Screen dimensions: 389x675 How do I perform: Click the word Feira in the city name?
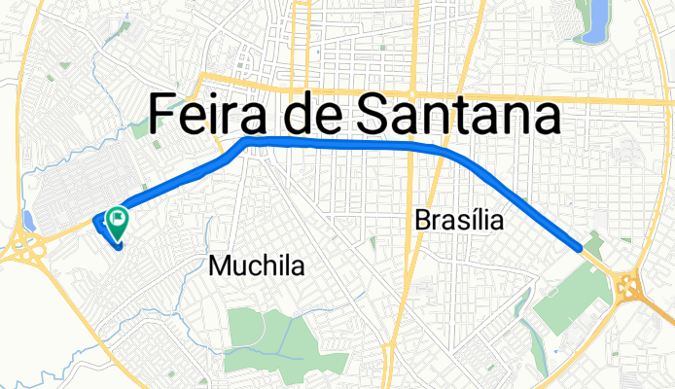[x=210, y=117]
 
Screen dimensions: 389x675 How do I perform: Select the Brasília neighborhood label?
[x=459, y=222]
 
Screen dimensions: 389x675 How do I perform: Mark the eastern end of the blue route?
[x=581, y=248]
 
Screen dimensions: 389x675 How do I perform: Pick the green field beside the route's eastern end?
[x=569, y=292]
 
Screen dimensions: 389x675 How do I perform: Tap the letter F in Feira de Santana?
[x=163, y=117]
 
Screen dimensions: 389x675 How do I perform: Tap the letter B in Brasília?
[x=423, y=222]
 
